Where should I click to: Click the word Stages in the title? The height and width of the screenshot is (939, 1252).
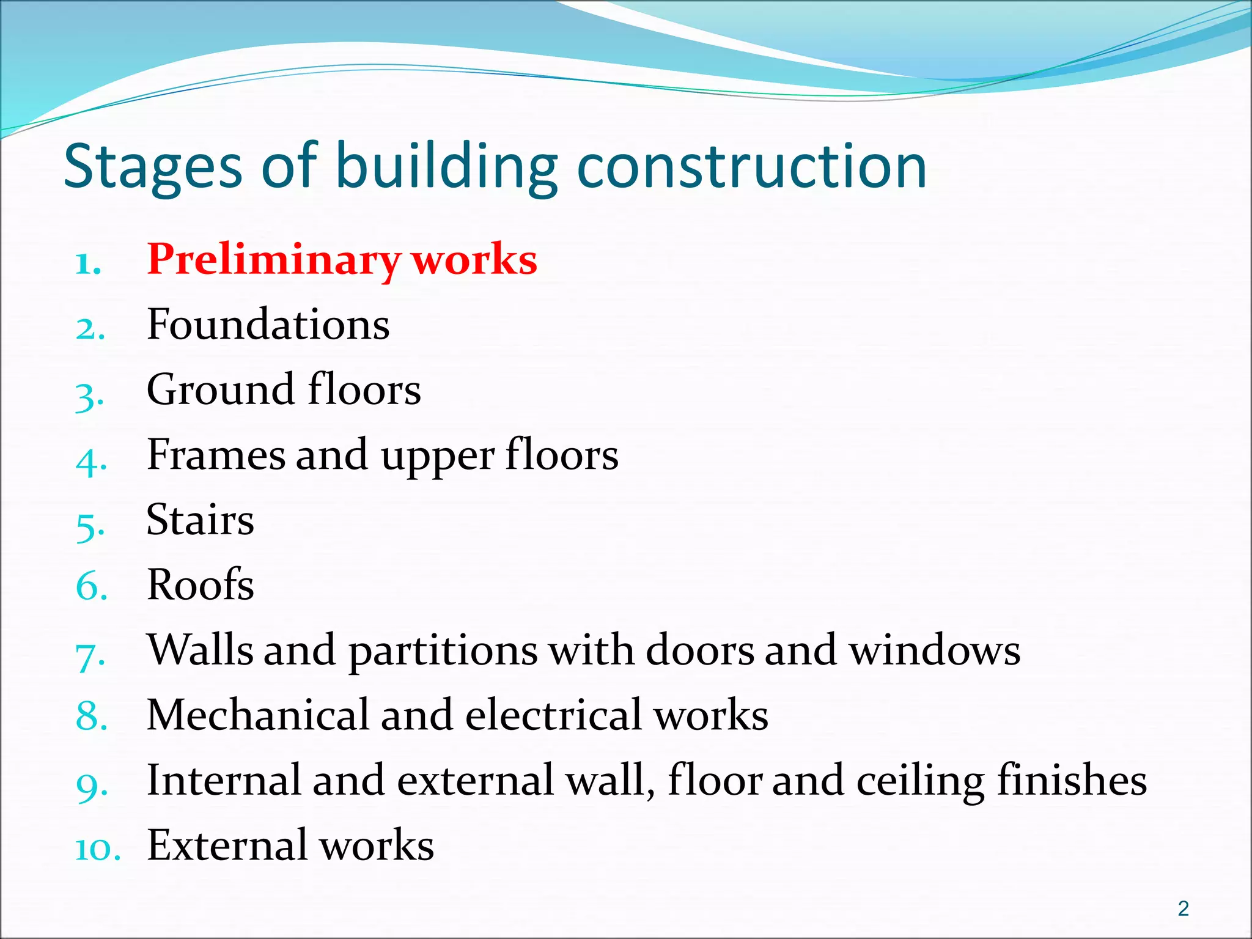coord(153,166)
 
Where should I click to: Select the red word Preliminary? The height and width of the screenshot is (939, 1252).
coord(273,260)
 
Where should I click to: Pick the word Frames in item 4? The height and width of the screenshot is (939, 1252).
coord(216,455)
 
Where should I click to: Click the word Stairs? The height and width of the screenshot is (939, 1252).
coord(200,520)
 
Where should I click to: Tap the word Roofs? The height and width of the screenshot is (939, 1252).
coord(200,584)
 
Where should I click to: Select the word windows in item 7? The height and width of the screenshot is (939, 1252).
coord(935,650)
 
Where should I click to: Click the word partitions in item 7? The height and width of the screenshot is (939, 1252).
coord(443,651)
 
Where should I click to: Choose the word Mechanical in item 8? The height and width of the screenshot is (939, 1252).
coord(258,715)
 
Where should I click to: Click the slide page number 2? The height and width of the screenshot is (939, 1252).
coord(1184,908)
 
